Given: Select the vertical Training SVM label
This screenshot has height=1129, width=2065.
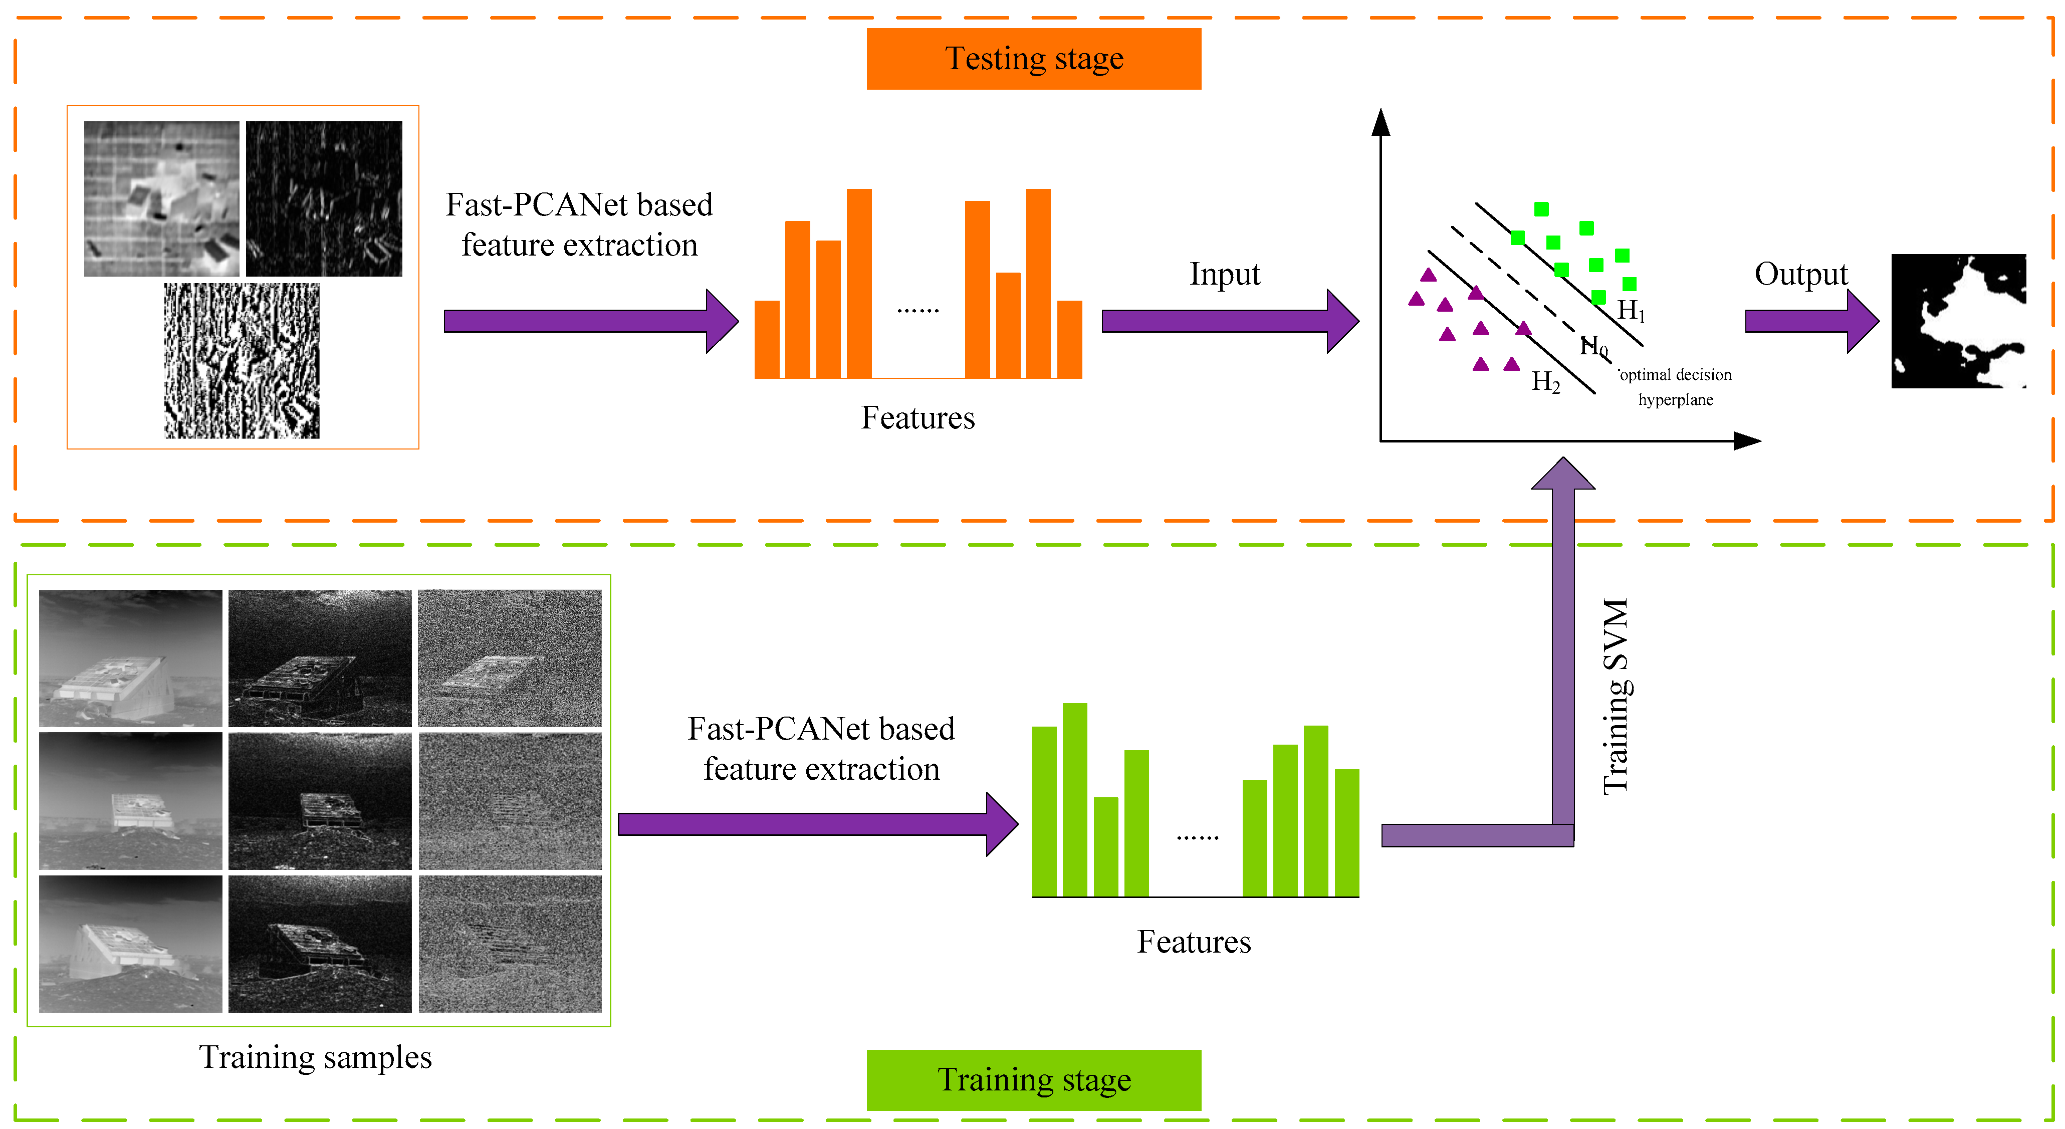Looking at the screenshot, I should coord(1616,696).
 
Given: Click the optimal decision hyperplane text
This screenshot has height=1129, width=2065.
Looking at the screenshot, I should coord(1676,386).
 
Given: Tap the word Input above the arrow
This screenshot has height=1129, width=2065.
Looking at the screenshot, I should coord(1224,274).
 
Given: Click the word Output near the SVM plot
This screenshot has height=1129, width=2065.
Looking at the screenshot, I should coord(1800,274).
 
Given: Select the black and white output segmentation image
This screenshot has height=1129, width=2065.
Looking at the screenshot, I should coord(1958,321).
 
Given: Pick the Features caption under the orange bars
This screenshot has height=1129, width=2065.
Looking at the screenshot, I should coord(918,418).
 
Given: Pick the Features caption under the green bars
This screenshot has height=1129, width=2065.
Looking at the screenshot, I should coord(1194,942).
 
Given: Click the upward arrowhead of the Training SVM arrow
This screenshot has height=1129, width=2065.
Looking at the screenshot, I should coord(1563,473).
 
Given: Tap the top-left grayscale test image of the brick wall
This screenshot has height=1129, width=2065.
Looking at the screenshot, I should coord(161,199).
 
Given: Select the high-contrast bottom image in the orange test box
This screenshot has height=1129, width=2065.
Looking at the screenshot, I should coord(242,361).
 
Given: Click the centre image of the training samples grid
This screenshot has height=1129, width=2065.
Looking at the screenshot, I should coord(320,801).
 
